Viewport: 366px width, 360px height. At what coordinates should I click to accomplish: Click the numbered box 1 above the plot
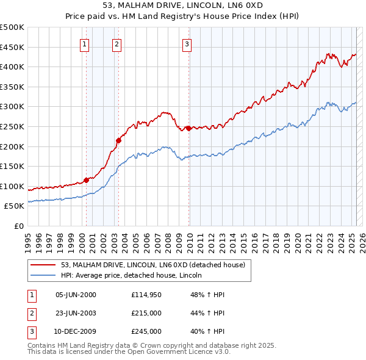click(x=84, y=43)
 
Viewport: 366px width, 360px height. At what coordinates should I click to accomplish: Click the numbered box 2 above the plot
click(x=117, y=43)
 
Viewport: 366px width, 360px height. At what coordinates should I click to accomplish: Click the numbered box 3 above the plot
click(x=187, y=43)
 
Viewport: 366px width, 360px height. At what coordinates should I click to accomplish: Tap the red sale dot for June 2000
click(x=86, y=179)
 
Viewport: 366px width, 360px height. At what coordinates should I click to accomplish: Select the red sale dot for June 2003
click(x=119, y=140)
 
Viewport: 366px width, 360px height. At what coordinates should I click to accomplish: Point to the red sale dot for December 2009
click(x=189, y=128)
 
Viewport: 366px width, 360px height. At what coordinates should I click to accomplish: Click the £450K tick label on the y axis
click(x=13, y=47)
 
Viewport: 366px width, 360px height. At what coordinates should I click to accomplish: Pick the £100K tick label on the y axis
click(x=13, y=186)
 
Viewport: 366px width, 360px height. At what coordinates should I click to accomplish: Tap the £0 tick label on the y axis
click(x=18, y=226)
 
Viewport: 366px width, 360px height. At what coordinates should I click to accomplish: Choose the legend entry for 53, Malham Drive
click(x=152, y=265)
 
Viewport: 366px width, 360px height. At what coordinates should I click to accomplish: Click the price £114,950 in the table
click(x=146, y=295)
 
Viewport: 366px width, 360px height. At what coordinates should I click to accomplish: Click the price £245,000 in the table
click(x=146, y=331)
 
